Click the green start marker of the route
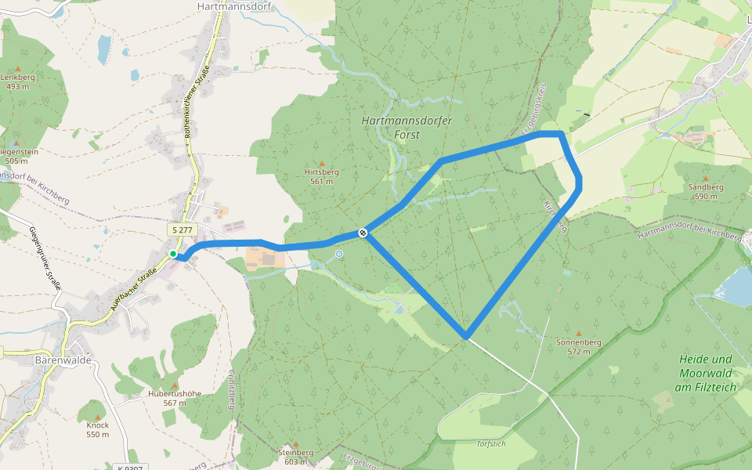[x=173, y=254]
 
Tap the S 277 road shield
[x=182, y=230]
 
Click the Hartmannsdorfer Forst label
[x=391, y=128]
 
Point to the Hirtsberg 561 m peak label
[x=321, y=175]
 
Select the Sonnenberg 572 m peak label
[x=578, y=347]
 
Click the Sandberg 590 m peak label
[x=706, y=192]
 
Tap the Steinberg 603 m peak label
[x=295, y=457]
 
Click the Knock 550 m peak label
[x=98, y=429]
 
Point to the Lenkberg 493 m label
[x=18, y=81]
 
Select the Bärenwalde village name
[x=64, y=360]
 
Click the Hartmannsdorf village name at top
[x=228, y=5]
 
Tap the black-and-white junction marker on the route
[x=363, y=232]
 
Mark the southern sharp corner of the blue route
[x=466, y=337]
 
